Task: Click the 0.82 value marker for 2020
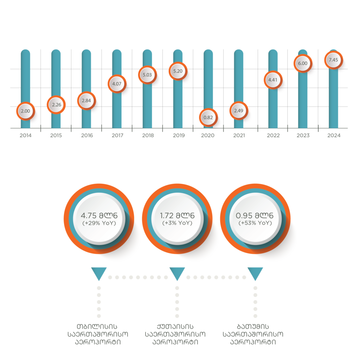coord(208,117)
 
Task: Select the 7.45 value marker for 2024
coord(333,60)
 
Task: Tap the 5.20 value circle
coord(178,71)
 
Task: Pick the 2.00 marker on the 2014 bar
coord(25,111)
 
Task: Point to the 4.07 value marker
coord(117,84)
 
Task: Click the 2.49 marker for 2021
coord(239,111)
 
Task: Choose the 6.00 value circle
coord(303,63)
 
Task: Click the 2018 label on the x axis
coord(148,135)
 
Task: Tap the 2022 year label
coord(273,135)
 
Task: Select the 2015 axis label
coord(56,135)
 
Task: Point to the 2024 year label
coord(334,135)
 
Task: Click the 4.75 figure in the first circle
coord(89,216)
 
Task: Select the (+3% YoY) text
coord(177,223)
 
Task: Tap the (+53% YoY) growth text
coord(255,223)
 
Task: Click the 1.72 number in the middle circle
coord(166,216)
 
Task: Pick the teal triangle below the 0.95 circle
coord(255,273)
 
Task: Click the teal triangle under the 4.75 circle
coord(99,273)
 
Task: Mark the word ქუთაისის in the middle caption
coord(175,327)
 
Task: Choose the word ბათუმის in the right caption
coord(253,327)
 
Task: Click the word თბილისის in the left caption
coord(97,327)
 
